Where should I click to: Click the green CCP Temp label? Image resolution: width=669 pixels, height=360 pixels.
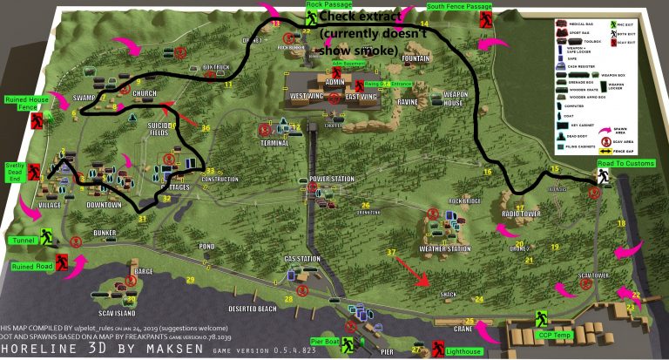click(555, 334)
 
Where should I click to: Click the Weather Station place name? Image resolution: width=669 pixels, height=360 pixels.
click(444, 249)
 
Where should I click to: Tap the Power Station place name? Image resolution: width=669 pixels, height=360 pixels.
click(331, 179)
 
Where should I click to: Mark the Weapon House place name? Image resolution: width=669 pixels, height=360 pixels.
click(456, 98)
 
